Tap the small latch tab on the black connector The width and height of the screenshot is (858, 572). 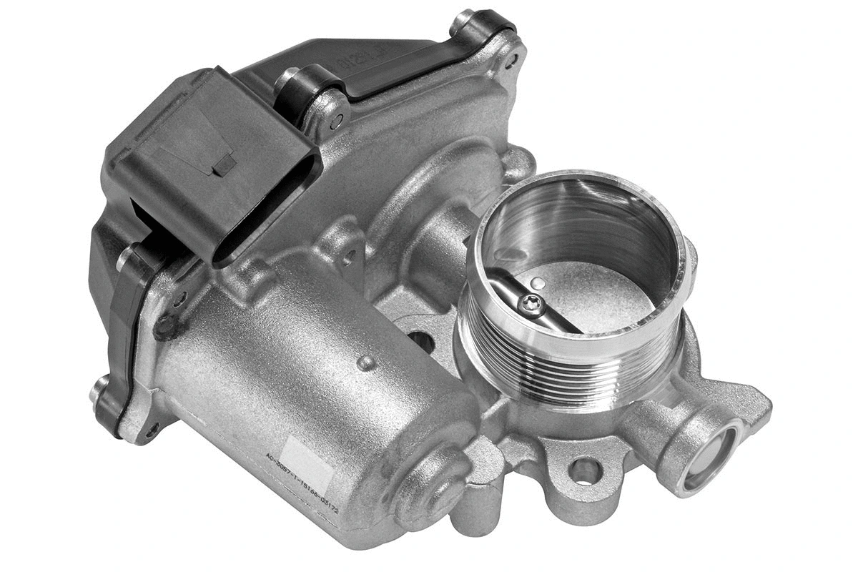pyautogui.click(x=223, y=165)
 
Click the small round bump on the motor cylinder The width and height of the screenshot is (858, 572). pyautogui.click(x=366, y=363)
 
